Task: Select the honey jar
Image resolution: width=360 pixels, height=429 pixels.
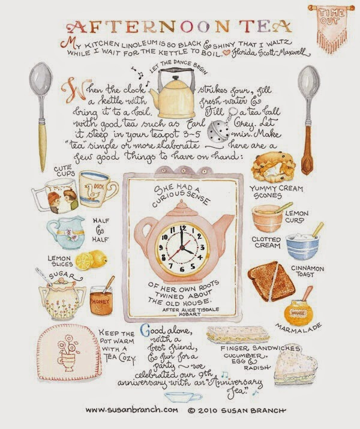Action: pyautogui.click(x=101, y=299)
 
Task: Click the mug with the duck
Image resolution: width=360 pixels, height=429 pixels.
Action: pyautogui.click(x=98, y=190)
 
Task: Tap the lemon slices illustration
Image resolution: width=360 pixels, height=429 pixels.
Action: pyautogui.click(x=91, y=259)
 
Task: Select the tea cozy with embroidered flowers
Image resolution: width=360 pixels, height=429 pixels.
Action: pyautogui.click(x=69, y=352)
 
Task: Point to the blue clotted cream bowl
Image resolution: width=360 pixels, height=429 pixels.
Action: pyautogui.click(x=303, y=245)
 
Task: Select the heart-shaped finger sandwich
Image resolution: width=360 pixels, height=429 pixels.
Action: pyautogui.click(x=295, y=365)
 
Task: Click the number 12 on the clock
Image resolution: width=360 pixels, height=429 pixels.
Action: pyautogui.click(x=182, y=228)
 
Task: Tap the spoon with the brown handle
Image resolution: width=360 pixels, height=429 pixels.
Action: pyautogui.click(x=308, y=120)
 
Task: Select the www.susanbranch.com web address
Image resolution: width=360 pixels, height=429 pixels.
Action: pyautogui.click(x=132, y=410)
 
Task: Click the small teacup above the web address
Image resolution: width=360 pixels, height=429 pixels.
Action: pyautogui.click(x=182, y=397)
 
